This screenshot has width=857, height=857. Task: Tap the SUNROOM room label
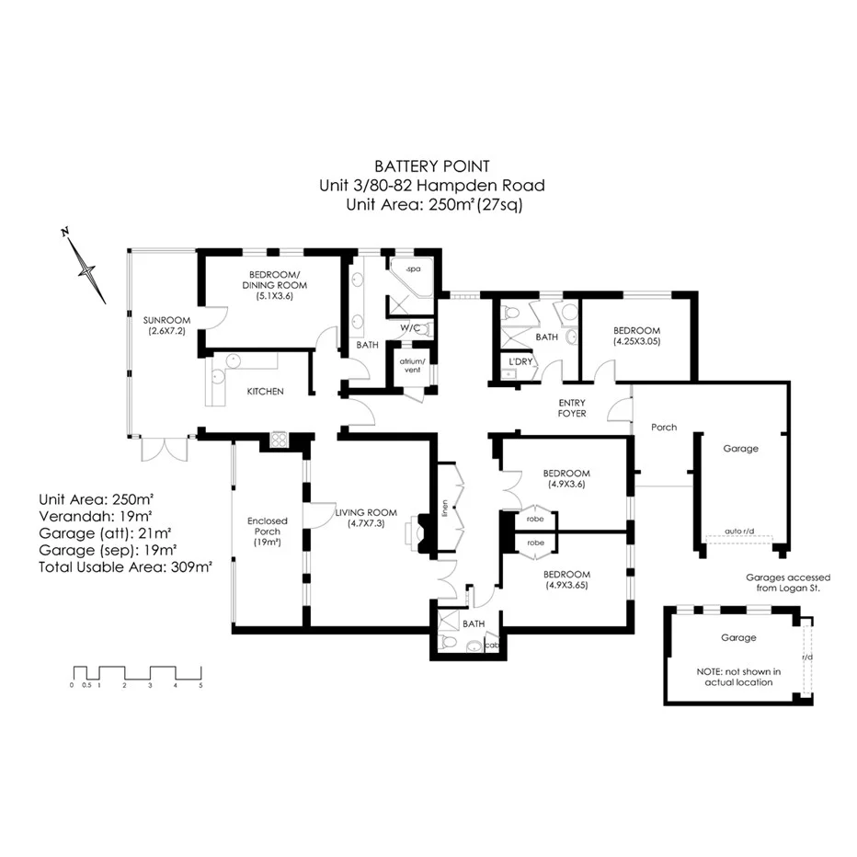coord(166,320)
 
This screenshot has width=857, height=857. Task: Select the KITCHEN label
coord(265,392)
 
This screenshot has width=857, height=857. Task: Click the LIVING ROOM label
coord(366,512)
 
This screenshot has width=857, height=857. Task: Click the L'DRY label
coord(521,361)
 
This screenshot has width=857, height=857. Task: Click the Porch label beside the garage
coord(664,427)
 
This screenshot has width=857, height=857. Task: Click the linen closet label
coord(444,506)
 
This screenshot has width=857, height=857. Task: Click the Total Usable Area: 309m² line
coord(125,567)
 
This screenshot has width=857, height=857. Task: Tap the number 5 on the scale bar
coord(200,685)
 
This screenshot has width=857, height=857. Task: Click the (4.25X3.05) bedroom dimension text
coord(637,341)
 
